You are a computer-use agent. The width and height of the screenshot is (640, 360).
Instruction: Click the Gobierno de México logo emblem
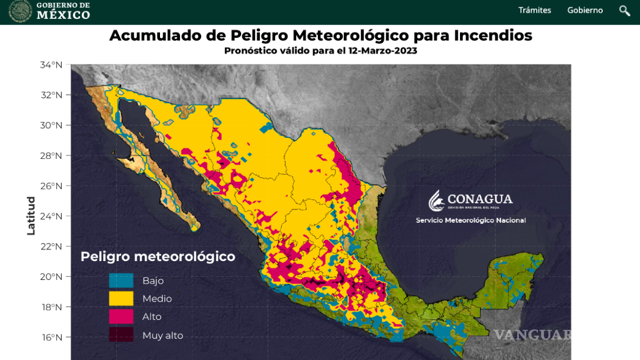click(x=20, y=11)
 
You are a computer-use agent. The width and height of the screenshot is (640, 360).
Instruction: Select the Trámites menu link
click(x=534, y=10)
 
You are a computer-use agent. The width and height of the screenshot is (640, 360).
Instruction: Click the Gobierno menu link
click(x=584, y=10)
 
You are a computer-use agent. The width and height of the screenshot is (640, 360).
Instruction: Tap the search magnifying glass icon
click(x=624, y=11)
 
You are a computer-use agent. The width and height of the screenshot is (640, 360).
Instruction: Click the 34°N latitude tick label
click(x=51, y=65)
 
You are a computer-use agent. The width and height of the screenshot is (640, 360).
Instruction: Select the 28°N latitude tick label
click(x=51, y=156)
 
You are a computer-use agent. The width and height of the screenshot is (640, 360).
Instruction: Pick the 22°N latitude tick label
click(x=51, y=246)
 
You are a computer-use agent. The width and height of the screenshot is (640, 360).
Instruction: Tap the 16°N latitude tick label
click(x=51, y=337)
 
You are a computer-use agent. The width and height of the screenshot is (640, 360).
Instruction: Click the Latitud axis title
click(x=31, y=216)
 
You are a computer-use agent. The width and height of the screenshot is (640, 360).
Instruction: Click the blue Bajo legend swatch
click(x=121, y=281)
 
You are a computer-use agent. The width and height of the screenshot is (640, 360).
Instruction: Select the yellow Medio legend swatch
click(x=121, y=298)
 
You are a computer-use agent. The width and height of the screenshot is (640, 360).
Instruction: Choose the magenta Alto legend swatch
click(x=121, y=317)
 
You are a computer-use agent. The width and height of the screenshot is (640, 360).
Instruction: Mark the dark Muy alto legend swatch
click(x=121, y=335)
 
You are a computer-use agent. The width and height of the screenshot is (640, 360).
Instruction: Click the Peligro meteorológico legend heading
click(x=158, y=257)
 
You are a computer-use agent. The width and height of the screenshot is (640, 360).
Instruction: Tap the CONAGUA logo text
click(x=479, y=199)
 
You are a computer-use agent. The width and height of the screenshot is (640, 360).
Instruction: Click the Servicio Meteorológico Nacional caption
click(x=471, y=221)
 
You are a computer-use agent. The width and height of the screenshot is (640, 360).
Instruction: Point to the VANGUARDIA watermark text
click(x=532, y=335)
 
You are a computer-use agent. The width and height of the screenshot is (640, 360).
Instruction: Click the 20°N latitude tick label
click(x=51, y=277)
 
